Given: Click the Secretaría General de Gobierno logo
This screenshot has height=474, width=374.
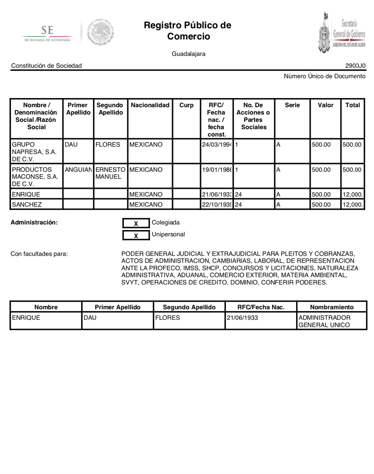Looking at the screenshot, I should [342, 32].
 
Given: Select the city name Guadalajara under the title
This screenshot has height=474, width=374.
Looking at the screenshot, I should [188, 54].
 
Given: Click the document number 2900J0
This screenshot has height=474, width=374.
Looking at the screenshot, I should [355, 66].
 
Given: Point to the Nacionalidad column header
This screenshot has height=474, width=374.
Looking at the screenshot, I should [150, 105].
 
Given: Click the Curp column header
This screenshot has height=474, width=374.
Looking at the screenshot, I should [186, 105].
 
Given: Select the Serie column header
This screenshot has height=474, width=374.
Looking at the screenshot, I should [292, 105].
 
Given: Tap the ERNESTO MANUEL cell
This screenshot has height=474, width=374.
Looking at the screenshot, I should [110, 173].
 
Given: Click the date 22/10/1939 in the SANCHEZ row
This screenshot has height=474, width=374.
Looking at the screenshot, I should [217, 205].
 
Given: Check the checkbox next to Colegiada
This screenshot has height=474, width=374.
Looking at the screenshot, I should [136, 223].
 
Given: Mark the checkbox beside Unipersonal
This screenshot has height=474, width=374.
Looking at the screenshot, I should [136, 235].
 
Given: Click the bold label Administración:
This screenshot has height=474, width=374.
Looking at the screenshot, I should [34, 222].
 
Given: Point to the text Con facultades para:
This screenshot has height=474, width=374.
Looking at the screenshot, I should [39, 254].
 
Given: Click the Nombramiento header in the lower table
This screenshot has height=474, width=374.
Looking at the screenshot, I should [332, 307].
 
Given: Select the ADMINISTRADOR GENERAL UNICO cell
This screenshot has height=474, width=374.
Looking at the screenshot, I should [324, 321].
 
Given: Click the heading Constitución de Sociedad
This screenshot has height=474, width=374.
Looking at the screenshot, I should [46, 66].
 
